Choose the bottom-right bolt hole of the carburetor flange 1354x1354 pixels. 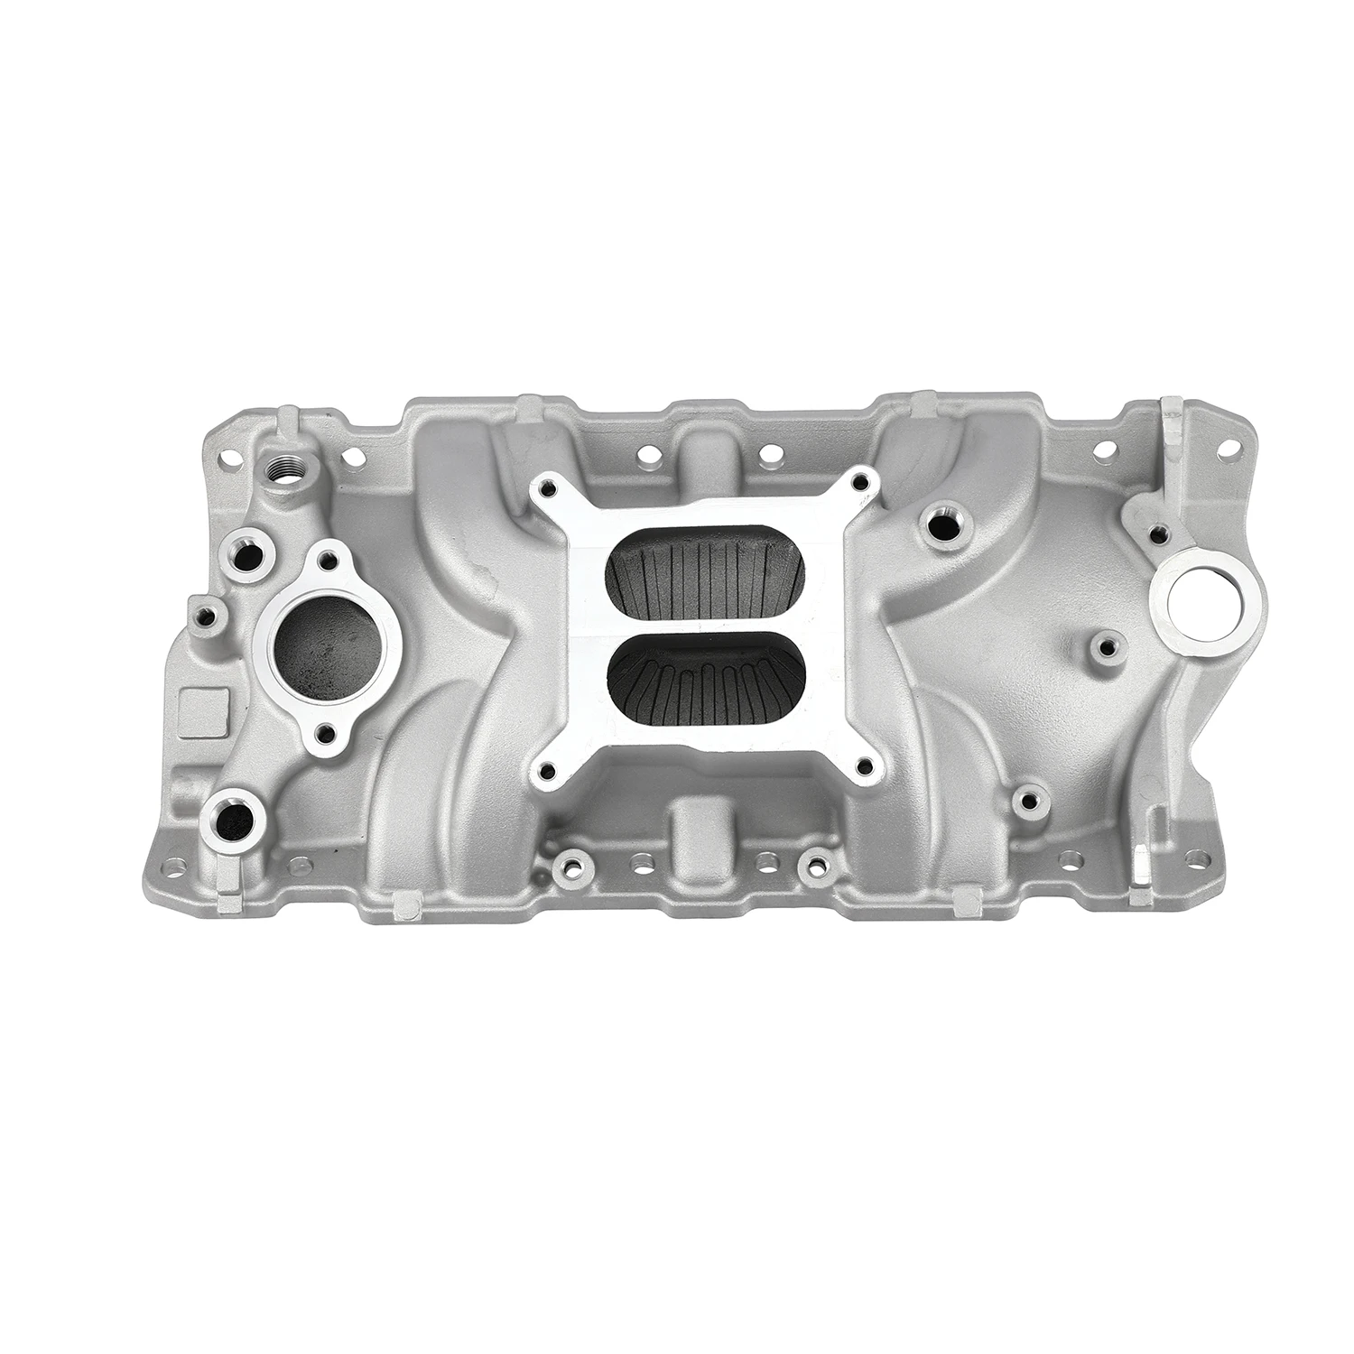(866, 767)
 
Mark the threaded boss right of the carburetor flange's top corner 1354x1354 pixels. (941, 520)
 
